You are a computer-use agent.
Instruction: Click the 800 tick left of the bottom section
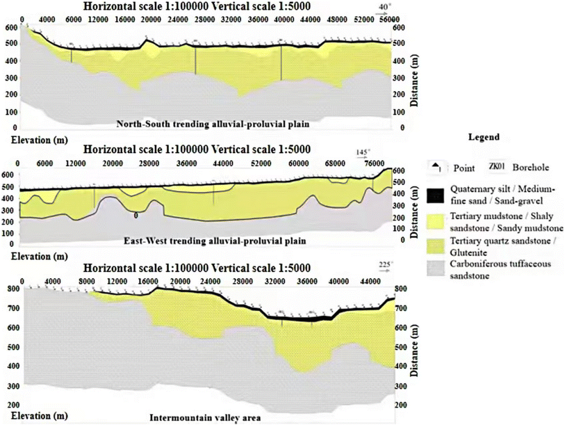point(11,289)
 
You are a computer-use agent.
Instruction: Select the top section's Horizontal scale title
point(197,7)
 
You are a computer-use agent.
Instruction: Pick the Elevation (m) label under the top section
point(33,139)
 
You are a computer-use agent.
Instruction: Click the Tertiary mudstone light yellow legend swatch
point(436,221)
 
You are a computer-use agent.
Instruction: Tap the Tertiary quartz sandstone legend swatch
point(436,246)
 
